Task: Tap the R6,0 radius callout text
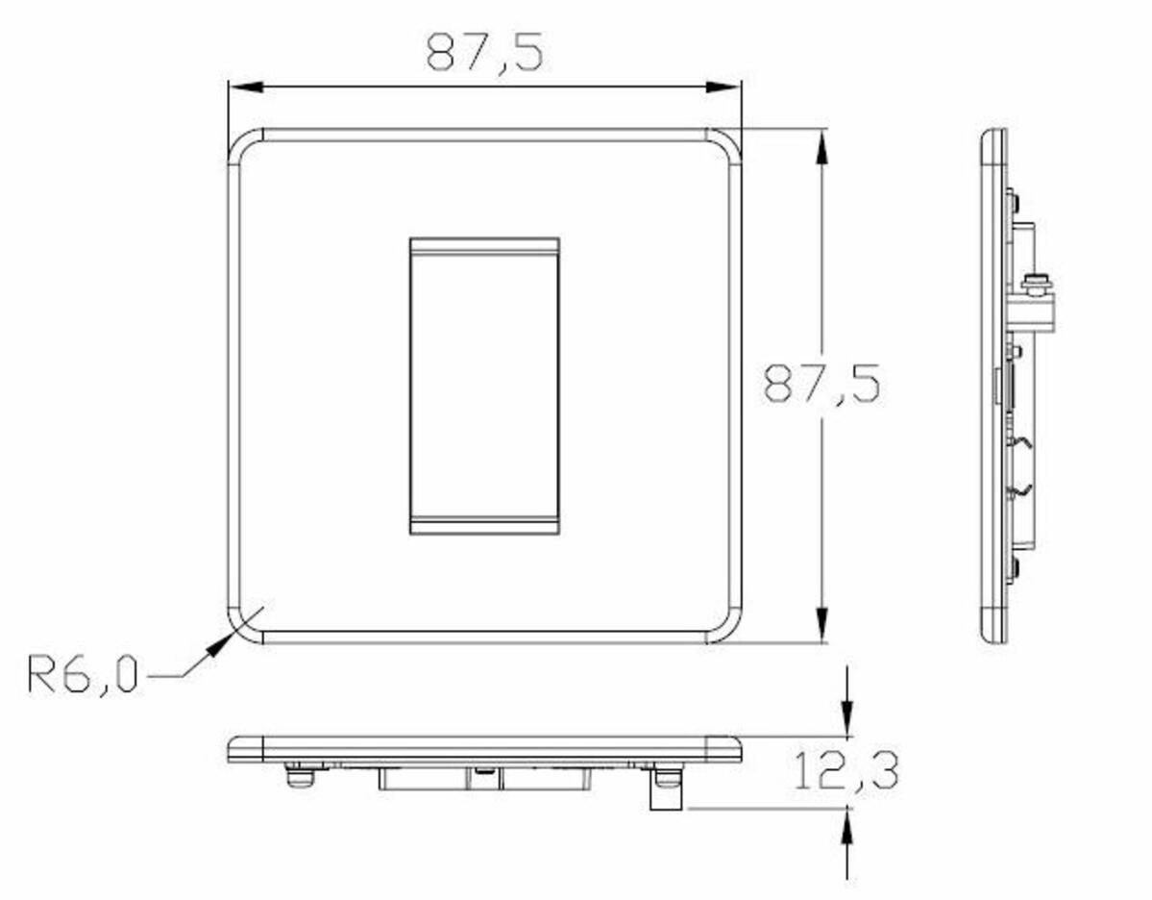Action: coord(83,674)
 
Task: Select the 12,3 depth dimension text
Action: coord(846,771)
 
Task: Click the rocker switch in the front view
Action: coord(484,385)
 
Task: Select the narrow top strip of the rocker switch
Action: coord(484,246)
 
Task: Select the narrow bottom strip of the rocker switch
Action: coord(484,525)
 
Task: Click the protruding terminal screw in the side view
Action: coord(1036,285)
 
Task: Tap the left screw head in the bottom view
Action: coord(300,775)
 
